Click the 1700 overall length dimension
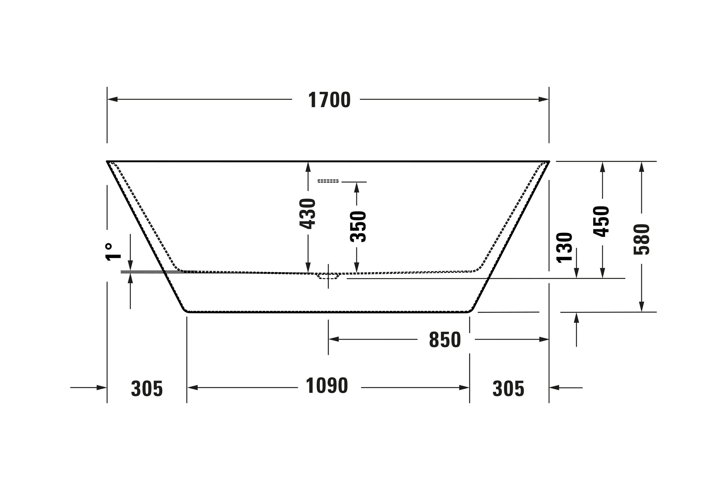[329, 100]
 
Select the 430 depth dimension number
[307, 213]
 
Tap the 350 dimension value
[358, 227]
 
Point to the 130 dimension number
[564, 247]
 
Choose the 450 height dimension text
[601, 221]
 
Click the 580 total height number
[642, 239]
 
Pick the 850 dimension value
[445, 340]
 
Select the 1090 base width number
[327, 386]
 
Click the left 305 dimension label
[147, 389]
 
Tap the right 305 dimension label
[508, 389]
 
